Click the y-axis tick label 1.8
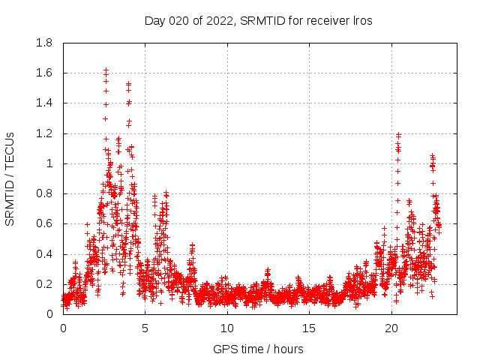coord(45,43)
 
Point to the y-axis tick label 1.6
coord(45,73)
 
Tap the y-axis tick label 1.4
coord(45,103)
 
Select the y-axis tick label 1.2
coord(45,133)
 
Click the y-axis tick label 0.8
coord(45,193)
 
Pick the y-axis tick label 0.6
coord(45,223)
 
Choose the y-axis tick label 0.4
coord(45,253)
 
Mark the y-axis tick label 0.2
coord(45,284)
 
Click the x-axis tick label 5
coord(145,328)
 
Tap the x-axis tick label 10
coord(227,328)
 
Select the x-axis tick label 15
coord(310,328)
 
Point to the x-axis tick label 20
coord(391,328)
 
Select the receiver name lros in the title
coord(361,20)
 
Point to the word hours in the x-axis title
coord(287,349)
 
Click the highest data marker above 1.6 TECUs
coord(106,70)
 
